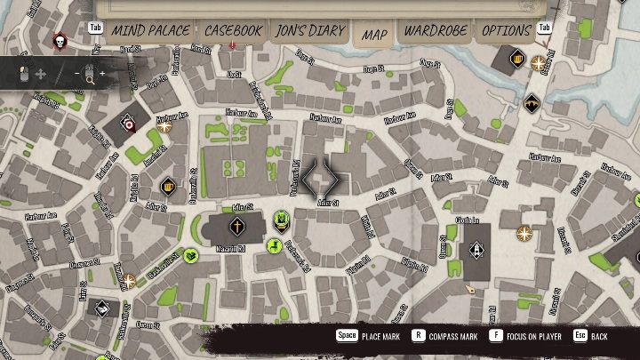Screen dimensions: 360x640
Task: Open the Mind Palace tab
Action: [x=149, y=31]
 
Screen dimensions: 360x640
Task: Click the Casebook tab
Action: [x=233, y=31]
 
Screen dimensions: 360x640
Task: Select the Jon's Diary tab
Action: [x=309, y=31]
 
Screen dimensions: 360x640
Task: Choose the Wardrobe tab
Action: [x=435, y=31]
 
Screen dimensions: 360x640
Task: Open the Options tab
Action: [x=507, y=31]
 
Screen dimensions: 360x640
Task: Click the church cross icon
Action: [x=237, y=228]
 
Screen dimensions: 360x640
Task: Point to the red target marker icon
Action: [x=130, y=126]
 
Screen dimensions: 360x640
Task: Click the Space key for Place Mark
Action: [x=346, y=337]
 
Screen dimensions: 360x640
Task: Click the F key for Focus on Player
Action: [x=496, y=337]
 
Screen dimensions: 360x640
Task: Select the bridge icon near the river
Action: [x=532, y=102]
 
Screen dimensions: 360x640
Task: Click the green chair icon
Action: [x=274, y=245]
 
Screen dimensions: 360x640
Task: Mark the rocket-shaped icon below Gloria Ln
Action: [x=477, y=250]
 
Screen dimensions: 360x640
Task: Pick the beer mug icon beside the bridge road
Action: [x=517, y=60]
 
